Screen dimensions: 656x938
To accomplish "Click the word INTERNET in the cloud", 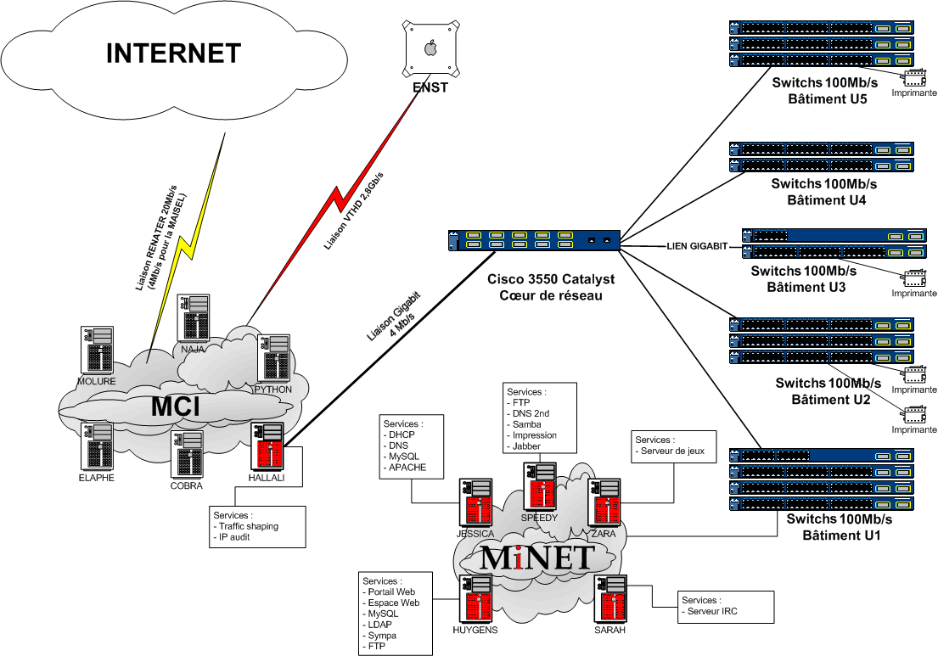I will point(173,53).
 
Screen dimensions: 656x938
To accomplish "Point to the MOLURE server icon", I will point(97,349).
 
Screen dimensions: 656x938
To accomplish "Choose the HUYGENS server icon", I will point(475,600).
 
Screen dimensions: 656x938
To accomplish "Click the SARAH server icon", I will point(610,600).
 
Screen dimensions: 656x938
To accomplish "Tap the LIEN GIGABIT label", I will point(697,246).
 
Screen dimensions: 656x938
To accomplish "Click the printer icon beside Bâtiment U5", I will point(913,78).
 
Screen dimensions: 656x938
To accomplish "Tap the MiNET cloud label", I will point(536,558).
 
